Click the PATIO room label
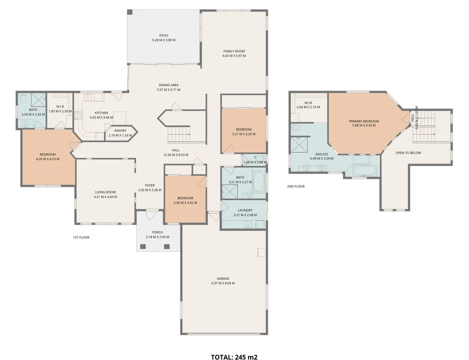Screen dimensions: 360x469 coord(164,35)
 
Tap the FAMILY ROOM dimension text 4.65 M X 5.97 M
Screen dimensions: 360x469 coord(234,56)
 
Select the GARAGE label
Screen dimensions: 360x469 coord(223,279)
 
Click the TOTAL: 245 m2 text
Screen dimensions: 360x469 coord(234,357)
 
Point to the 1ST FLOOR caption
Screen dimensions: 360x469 coord(81,237)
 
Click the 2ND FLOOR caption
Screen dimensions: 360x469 coord(296,186)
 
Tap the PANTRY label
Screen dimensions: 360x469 coord(120,131)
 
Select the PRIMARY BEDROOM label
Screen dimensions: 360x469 coord(364,121)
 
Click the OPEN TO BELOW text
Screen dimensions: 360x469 coord(408,153)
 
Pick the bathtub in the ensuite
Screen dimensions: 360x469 coord(365,171)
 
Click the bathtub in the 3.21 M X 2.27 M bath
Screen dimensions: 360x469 coord(259,182)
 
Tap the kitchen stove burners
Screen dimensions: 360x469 coord(78,115)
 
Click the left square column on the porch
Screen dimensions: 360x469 coord(143,247)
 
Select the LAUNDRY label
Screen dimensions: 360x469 coord(245,210)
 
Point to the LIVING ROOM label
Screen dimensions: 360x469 coord(105,192)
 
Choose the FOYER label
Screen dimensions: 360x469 coord(150,185)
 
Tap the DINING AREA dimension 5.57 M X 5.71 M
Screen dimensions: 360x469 coord(169,90)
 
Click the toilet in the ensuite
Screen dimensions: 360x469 coord(295,127)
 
